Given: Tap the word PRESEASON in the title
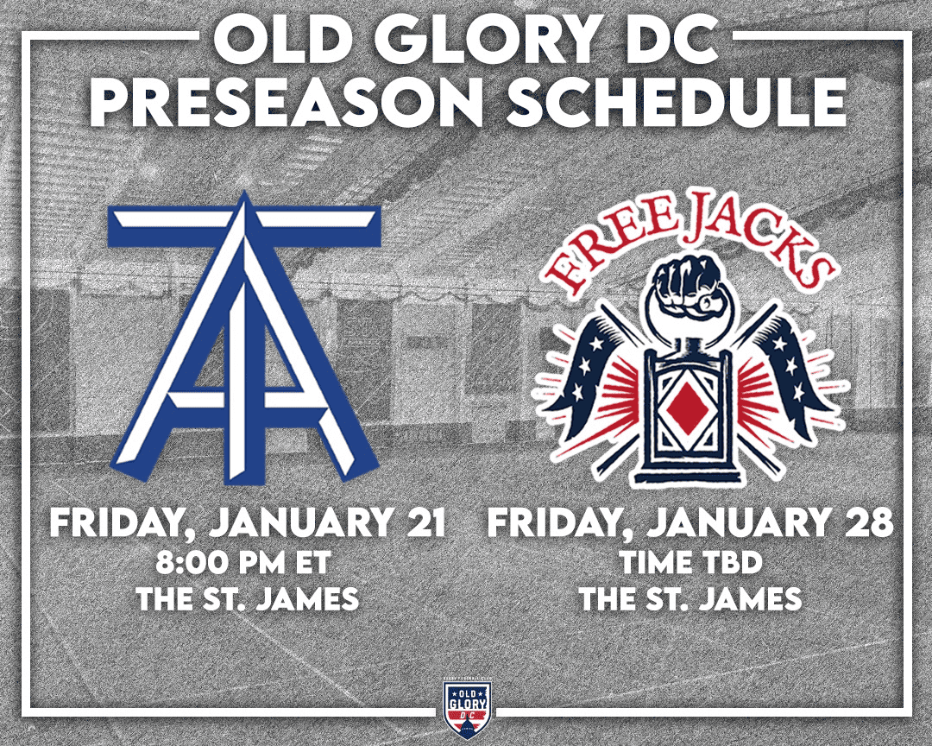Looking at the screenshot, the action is point(287,102).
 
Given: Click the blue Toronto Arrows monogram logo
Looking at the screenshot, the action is point(243,336).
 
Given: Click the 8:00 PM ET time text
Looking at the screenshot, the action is point(242,563).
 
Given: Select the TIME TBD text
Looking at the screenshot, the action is point(690,563).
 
